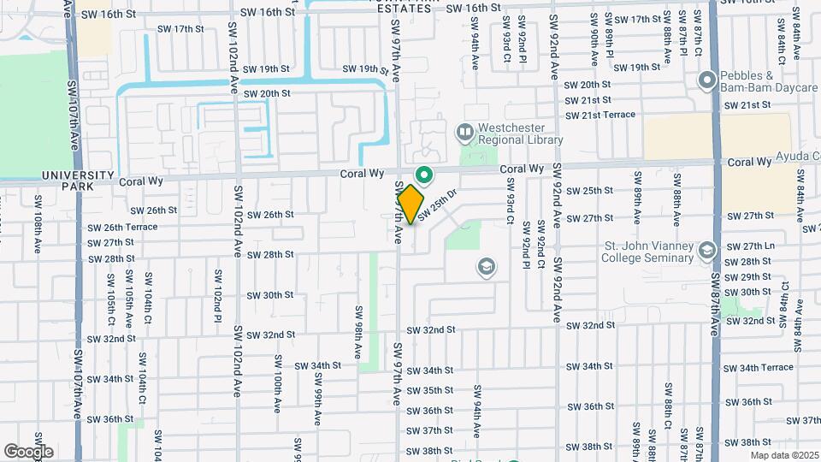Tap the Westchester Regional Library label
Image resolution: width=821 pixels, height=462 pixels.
click(520, 133)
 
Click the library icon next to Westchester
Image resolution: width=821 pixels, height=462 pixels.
click(465, 133)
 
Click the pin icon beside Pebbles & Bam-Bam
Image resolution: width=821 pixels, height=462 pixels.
click(707, 81)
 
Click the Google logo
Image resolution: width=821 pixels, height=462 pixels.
click(28, 451)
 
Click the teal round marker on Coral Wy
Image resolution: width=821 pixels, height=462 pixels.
click(422, 175)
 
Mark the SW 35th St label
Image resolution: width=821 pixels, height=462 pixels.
click(429, 390)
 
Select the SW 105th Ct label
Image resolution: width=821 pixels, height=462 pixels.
click(111, 293)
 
